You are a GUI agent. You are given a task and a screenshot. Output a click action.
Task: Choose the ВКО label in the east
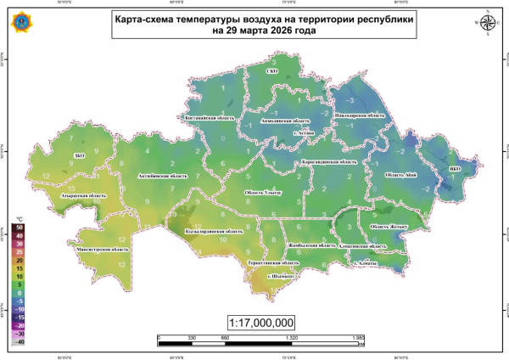click(455, 169)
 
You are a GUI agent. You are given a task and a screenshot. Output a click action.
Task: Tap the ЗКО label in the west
click(81, 156)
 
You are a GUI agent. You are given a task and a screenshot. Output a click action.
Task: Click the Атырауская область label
click(85, 197)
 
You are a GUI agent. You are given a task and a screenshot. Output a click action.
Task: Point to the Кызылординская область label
click(214, 230)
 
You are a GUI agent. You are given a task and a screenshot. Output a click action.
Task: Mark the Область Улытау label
click(268, 193)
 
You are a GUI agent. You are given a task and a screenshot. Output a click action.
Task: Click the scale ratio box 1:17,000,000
click(261, 323)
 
